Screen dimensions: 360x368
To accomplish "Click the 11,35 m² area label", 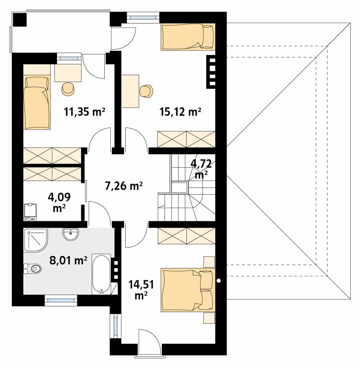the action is (x=84, y=112).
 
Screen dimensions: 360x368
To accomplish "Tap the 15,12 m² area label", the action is (x=180, y=112).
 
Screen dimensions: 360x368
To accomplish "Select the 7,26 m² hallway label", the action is (x=123, y=186).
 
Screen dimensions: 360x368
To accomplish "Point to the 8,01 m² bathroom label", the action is (x=68, y=260).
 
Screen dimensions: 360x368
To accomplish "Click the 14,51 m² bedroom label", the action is (x=141, y=289).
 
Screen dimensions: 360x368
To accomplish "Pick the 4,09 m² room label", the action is (x=59, y=202).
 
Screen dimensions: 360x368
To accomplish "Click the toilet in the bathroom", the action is (x=32, y=268).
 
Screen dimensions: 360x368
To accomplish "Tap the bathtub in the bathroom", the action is (x=101, y=274).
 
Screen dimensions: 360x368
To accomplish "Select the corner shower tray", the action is (x=35, y=240).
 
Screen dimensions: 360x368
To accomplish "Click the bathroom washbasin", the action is (x=71, y=234).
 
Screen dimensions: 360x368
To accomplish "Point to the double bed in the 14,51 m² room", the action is (x=188, y=290).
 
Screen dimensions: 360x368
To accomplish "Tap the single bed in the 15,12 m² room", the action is (x=188, y=37).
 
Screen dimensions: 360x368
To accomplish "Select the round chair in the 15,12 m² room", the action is (x=146, y=91).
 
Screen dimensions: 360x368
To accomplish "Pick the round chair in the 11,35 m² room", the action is (x=68, y=89).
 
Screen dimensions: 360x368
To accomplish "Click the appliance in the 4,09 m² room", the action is (x=31, y=212).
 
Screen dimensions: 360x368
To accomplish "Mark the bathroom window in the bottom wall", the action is (x=61, y=300).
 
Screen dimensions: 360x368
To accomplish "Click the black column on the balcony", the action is (x=20, y=20).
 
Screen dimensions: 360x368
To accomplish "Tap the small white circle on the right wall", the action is (x=219, y=280).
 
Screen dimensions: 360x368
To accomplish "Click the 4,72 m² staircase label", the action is (x=202, y=169).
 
